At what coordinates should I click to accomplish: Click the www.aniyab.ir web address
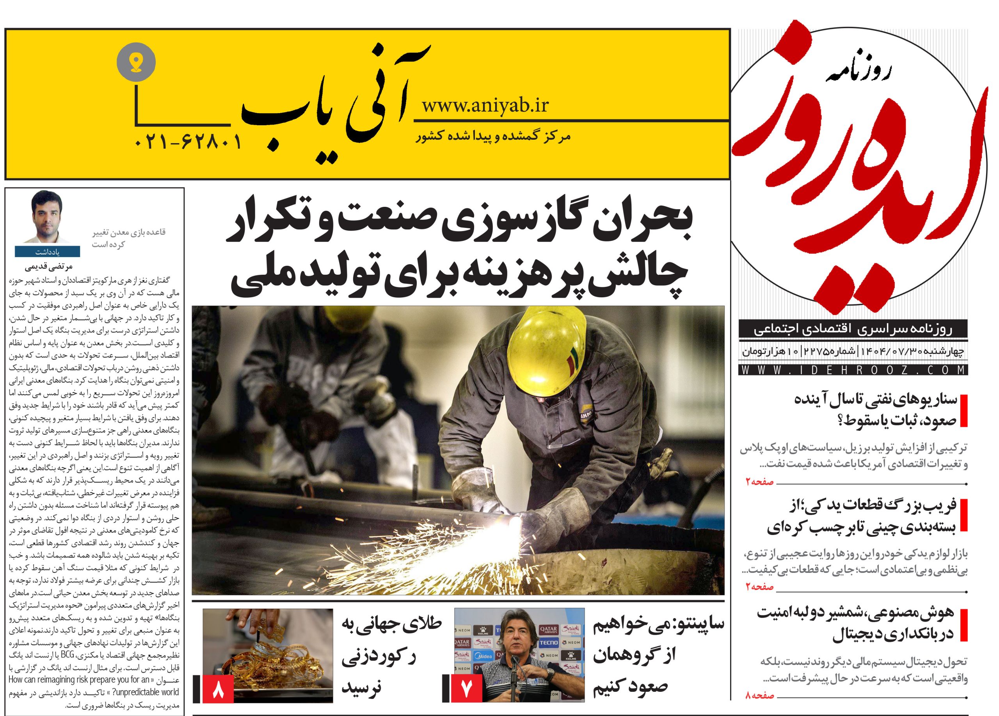(x=485, y=106)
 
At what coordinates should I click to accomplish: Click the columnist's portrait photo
(x=47, y=217)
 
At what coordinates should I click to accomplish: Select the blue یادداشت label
(x=47, y=252)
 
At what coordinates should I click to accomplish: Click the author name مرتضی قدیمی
(x=49, y=267)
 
